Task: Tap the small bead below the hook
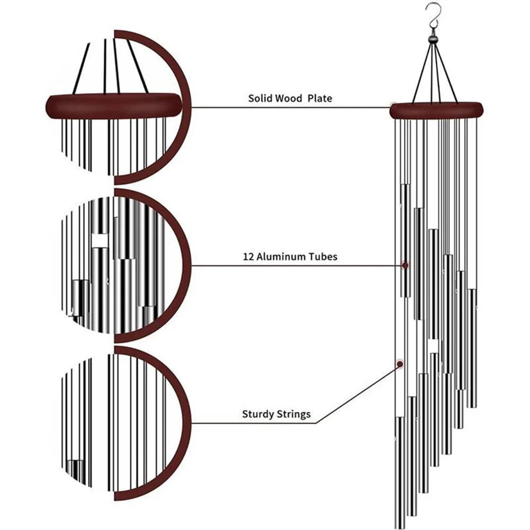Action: coord(434,39)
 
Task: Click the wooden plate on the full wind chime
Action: coord(436,110)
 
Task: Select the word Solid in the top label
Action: coord(260,98)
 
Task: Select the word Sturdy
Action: coord(258,414)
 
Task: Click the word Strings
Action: coord(294,414)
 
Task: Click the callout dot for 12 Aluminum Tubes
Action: coord(406,264)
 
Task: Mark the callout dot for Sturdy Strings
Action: coord(399,364)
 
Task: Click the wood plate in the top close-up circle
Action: coord(114,106)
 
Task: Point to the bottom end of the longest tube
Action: coord(400,524)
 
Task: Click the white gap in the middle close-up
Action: coord(100,241)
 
